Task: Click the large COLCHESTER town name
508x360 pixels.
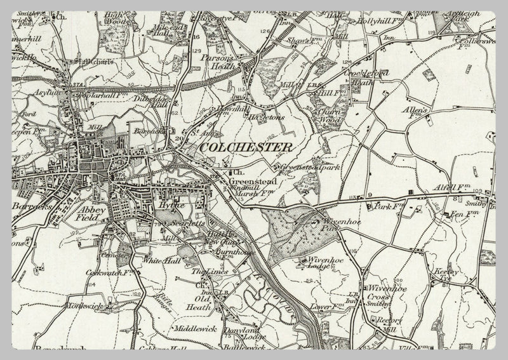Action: (x=246, y=147)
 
